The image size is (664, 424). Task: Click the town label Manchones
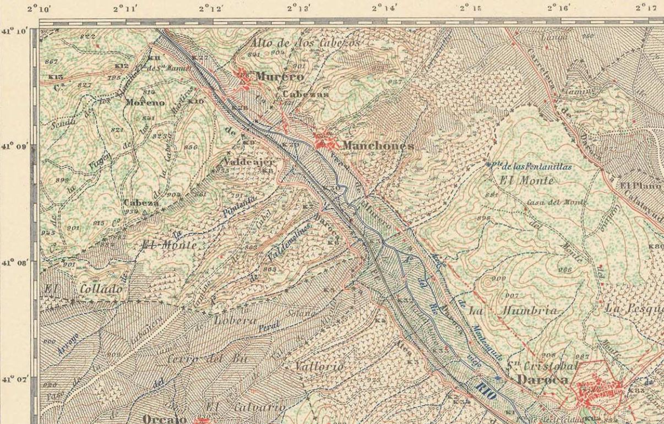coord(378,145)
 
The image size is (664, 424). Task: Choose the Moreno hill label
coord(145,103)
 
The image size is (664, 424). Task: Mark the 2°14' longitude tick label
coord(384,8)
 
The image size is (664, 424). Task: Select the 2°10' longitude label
coord(39,8)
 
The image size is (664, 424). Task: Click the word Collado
coord(102,289)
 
